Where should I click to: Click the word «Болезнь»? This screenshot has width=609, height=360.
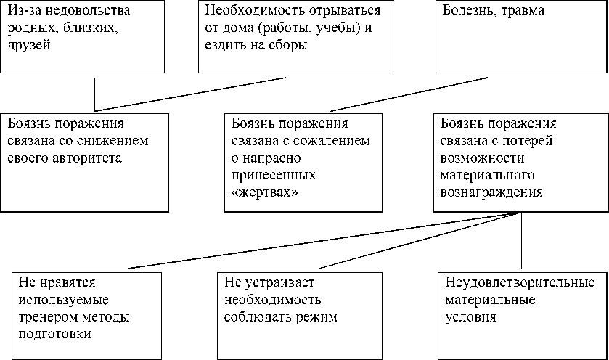click(465, 12)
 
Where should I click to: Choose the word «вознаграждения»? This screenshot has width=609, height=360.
click(491, 192)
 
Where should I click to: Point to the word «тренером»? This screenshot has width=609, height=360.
click(44, 317)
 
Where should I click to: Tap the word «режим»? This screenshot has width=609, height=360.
click(321, 317)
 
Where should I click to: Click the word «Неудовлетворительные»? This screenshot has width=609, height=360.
click(520, 282)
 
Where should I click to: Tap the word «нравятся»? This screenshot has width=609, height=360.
click(64, 282)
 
